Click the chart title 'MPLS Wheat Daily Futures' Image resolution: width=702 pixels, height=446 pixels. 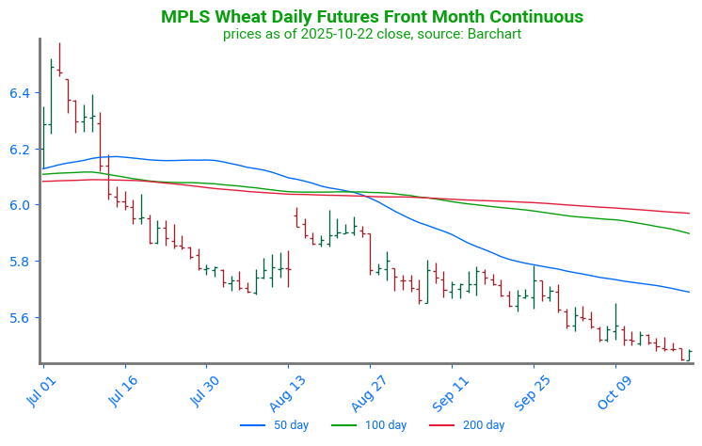click(372, 17)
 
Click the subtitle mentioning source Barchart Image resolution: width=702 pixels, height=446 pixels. click(372, 34)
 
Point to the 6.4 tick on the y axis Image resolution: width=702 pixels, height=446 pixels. click(20, 92)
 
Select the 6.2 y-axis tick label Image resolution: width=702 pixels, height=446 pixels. click(20, 149)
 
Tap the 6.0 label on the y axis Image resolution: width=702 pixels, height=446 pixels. click(20, 205)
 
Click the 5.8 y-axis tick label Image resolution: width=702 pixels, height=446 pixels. click(20, 262)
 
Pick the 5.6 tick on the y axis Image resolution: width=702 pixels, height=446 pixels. click(20, 318)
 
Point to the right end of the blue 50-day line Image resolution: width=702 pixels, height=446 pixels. click(690, 292)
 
